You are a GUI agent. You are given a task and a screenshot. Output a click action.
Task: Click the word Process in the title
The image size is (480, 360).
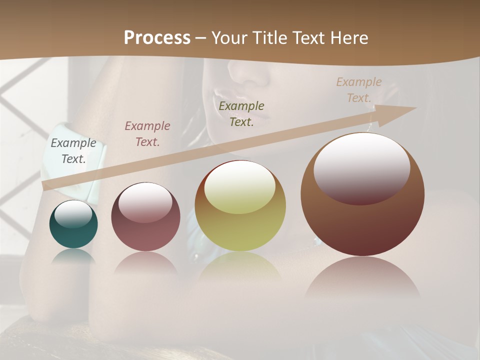coord(157,38)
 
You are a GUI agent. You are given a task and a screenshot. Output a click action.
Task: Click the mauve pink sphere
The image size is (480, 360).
coord(145,235)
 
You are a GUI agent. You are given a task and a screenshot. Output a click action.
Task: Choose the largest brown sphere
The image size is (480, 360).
coord(362,225)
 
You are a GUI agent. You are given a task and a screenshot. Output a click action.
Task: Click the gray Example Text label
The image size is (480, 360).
coord(73,151)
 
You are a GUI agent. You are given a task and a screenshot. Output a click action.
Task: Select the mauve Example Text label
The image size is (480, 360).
coord(147,134)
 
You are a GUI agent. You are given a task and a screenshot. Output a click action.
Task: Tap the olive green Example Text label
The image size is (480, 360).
coord(241,114)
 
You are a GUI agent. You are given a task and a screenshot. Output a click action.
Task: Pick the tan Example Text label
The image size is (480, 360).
coord(359,90)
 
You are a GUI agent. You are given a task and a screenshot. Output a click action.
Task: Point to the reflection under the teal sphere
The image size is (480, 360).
coord(73,256)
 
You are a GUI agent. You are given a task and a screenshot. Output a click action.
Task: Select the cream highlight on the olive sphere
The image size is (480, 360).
coord(240,188)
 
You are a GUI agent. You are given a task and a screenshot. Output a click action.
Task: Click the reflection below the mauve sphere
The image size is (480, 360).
coord(145,262)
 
